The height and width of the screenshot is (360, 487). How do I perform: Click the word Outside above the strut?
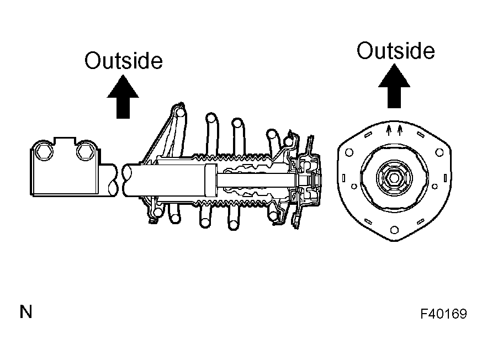pyautogui.click(x=124, y=61)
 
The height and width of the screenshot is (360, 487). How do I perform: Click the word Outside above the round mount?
pyautogui.click(x=396, y=50)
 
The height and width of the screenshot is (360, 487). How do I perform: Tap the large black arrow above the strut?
pyautogui.click(x=123, y=97)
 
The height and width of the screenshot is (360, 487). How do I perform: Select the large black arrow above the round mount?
pyautogui.click(x=394, y=86)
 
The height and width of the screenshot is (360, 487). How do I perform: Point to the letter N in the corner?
pyautogui.click(x=26, y=312)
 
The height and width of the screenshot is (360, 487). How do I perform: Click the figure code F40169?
pyautogui.click(x=443, y=314)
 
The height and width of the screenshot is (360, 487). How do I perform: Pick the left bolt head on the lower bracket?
pyautogui.click(x=44, y=152)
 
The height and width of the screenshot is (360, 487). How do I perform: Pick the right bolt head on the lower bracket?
pyautogui.click(x=85, y=152)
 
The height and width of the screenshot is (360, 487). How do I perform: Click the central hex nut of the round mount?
pyautogui.click(x=394, y=178)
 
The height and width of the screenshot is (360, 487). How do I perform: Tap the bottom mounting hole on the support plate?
pyautogui.click(x=394, y=230)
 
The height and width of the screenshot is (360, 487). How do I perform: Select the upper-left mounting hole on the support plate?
pyautogui.click(x=349, y=152)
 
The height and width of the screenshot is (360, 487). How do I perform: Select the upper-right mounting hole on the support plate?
pyautogui.click(x=440, y=152)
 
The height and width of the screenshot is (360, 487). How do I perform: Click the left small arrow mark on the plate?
pyautogui.click(x=388, y=130)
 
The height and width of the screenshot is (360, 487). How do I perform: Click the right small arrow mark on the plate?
pyautogui.click(x=400, y=130)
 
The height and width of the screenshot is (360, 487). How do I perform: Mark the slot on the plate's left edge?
pyautogui.click(x=343, y=178)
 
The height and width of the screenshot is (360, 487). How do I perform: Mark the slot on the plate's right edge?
pyautogui.click(x=446, y=178)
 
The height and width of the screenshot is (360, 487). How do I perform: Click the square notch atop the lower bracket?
pyautogui.click(x=65, y=141)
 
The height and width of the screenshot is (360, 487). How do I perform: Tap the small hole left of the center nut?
pyautogui.click(x=354, y=187)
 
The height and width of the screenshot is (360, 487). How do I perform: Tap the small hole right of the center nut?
pyautogui.click(x=435, y=187)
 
